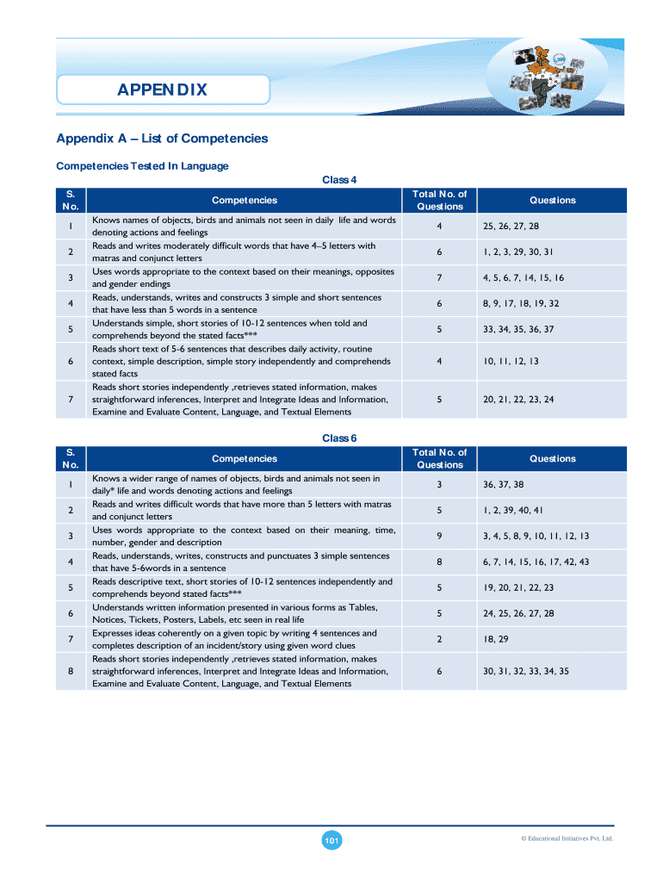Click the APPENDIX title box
coord(163,90)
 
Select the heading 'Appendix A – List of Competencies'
coord(162,139)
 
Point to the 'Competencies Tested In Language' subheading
coord(142,165)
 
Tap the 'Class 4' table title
coord(339,180)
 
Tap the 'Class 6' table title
coord(339,438)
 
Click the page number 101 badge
coord(331,840)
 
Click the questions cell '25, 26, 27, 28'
coord(511,227)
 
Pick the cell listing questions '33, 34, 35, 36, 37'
coord(518,330)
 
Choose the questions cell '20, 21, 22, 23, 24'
coord(518,400)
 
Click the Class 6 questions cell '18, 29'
coord(496,639)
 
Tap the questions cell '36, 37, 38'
coord(504,485)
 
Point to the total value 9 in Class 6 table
coord(439,537)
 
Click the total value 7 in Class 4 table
coord(439,278)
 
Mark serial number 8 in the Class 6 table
coord(70,671)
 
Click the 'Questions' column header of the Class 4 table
coord(553,200)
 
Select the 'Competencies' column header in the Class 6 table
coord(245,458)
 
